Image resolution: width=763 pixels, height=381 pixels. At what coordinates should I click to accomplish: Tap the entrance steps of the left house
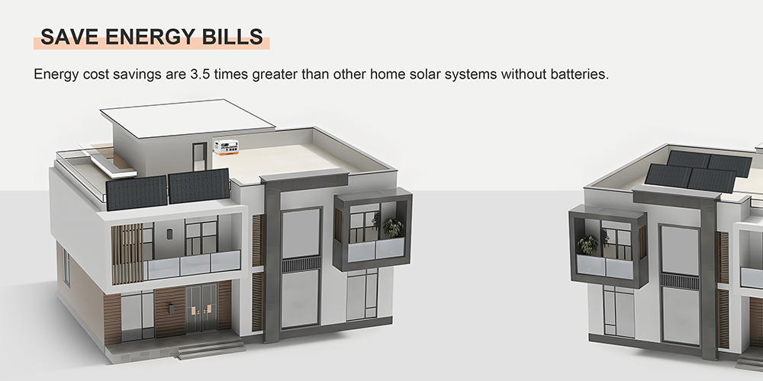point(201,350)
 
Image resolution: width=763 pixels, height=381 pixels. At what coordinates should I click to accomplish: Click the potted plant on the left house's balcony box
point(393,227)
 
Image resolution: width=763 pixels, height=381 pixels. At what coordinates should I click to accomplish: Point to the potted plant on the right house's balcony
point(588,245)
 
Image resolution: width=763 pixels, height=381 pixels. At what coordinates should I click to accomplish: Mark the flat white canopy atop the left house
point(186,117)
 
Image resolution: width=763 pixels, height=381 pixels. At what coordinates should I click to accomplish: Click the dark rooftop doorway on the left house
point(198,158)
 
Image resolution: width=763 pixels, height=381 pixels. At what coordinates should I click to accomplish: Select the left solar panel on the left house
point(136,192)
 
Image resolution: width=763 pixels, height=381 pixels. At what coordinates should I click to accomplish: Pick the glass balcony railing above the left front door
point(192,265)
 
